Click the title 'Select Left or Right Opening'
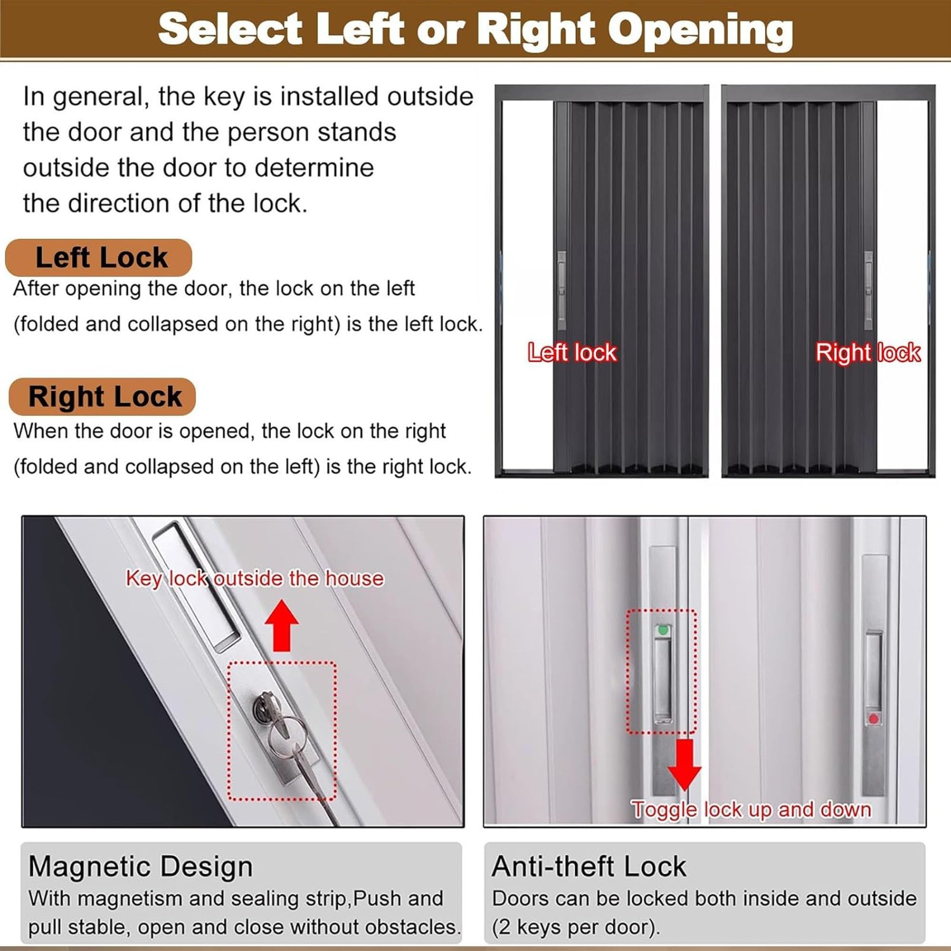(x=475, y=29)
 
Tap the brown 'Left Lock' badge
(x=98, y=257)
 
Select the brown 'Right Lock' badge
(x=102, y=397)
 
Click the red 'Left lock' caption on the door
(x=572, y=352)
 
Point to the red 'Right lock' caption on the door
(x=868, y=352)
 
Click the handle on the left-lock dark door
(x=562, y=291)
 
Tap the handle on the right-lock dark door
(x=869, y=291)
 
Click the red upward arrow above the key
(x=281, y=625)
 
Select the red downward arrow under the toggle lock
(x=684, y=765)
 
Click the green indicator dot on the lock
(x=663, y=630)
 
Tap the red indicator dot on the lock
(x=873, y=719)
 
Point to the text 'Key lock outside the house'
(x=254, y=579)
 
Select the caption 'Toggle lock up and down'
(x=752, y=810)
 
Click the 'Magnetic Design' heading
(x=140, y=866)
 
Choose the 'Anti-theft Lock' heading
(x=589, y=866)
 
